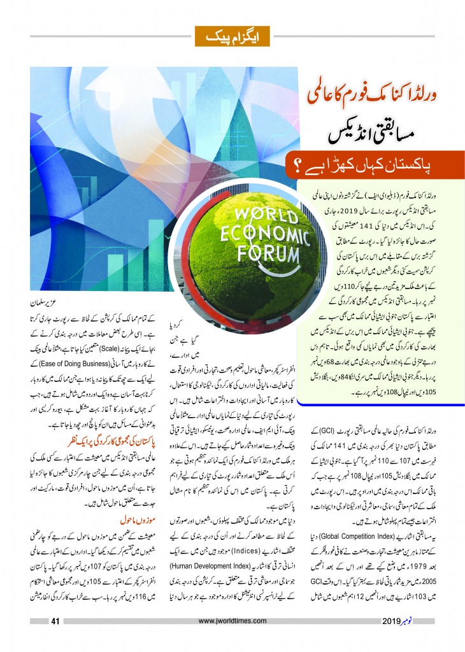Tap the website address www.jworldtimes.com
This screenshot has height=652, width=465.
coord(232,622)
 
